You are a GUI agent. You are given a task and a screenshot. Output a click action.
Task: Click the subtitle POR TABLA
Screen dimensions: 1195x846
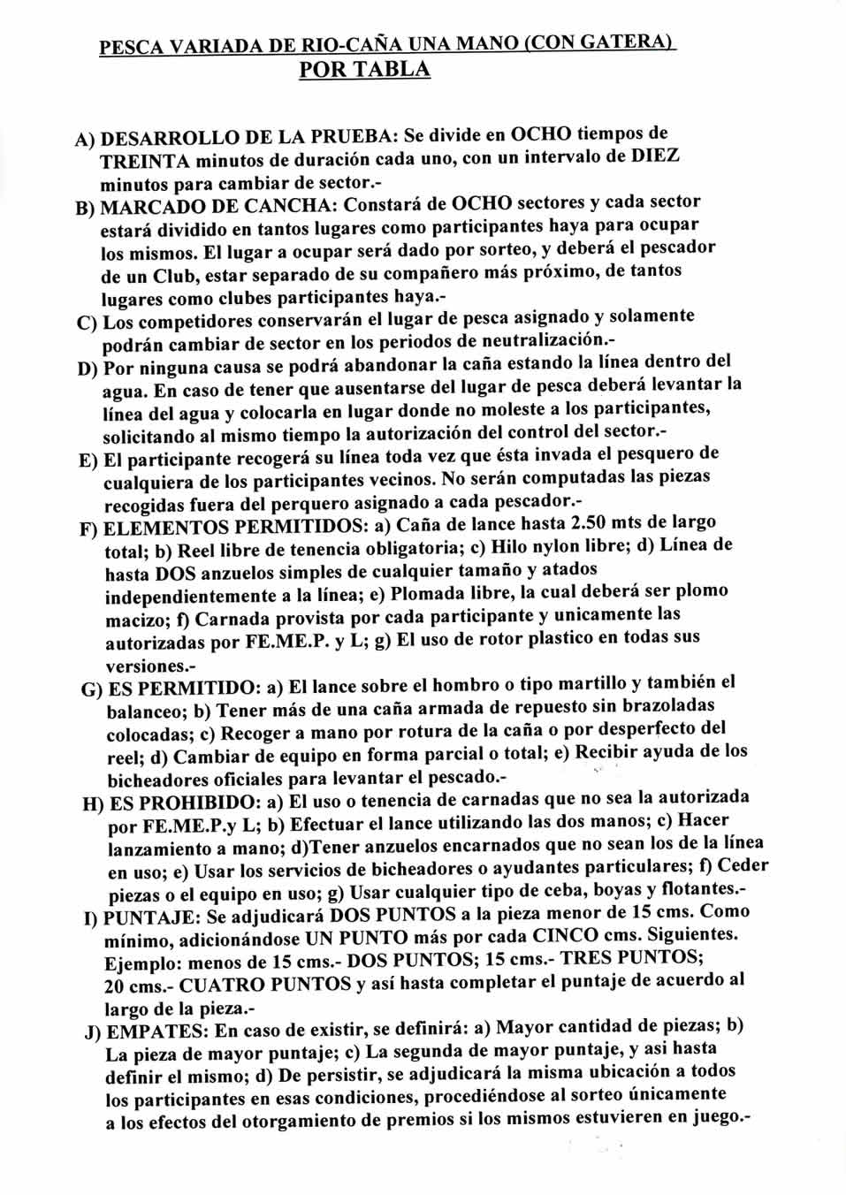click(x=365, y=70)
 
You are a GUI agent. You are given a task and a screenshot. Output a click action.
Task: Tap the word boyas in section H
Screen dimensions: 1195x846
click(x=597, y=887)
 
